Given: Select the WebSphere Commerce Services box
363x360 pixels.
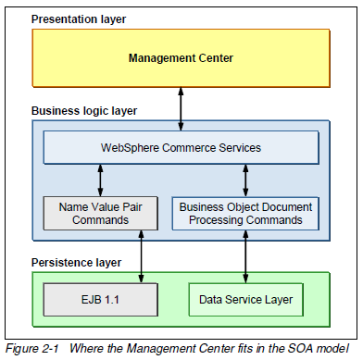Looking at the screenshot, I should click(181, 147).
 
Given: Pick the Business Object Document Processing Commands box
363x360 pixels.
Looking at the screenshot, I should click(245, 213).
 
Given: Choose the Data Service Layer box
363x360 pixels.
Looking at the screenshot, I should click(245, 299).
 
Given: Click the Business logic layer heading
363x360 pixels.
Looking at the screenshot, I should click(84, 110).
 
